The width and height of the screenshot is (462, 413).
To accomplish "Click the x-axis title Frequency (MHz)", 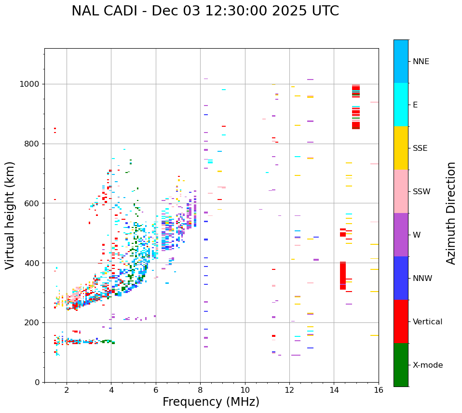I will coord(211,402).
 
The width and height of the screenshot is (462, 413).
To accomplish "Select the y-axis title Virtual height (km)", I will coord(10,215).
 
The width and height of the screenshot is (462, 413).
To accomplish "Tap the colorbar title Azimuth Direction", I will coord(451,213).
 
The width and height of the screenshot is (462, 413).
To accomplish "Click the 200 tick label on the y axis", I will coord(34,322).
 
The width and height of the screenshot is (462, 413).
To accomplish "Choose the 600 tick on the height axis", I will coord(34,203).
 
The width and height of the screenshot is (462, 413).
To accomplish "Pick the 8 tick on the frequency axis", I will coord(200,390).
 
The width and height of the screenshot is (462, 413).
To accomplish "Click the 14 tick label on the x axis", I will coord(334,390).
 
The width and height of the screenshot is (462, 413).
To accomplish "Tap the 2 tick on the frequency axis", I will coord(67,390).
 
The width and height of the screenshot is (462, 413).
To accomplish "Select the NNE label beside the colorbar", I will coord(421,62).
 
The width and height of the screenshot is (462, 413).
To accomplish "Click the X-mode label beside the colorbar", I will coord(427,365).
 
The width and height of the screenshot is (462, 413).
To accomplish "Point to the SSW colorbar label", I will coord(421,192).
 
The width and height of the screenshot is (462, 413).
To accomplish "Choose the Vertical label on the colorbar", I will coord(427,322).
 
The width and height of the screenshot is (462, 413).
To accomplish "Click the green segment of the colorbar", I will coord(401,365).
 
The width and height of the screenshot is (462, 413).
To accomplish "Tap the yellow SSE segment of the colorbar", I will coord(401,148).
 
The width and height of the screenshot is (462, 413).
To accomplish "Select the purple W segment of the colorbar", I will coord(401,235).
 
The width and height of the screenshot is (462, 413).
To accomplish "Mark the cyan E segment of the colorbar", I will coord(401,105).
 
